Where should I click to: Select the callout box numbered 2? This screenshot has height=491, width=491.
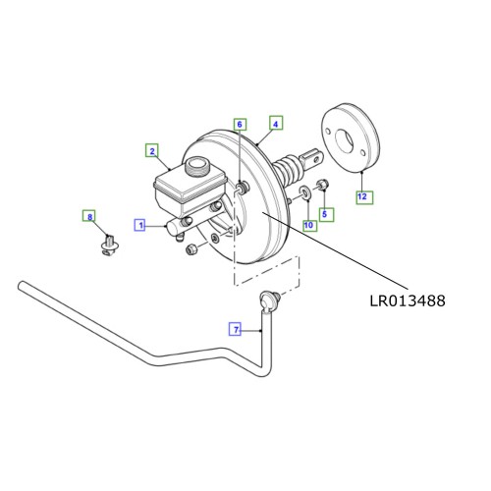click(152, 150)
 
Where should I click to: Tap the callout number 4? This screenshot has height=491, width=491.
click(276, 124)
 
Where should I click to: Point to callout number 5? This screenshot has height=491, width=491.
click(327, 213)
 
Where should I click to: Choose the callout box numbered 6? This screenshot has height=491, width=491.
click(240, 124)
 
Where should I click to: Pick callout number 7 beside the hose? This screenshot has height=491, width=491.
click(235, 330)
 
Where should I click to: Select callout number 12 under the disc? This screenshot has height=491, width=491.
click(362, 197)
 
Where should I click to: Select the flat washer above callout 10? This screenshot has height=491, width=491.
click(306, 191)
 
